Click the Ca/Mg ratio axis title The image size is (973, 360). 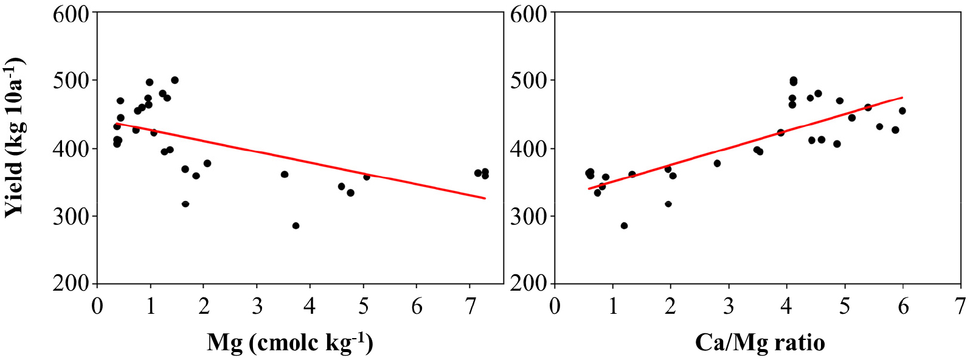[x=760, y=342]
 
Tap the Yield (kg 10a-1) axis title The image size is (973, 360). [x=15, y=137]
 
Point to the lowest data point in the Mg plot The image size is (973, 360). [x=296, y=226]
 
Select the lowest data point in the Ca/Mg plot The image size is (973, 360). [x=624, y=226]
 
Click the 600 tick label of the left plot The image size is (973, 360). [x=71, y=13]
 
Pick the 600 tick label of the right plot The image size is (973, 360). [x=528, y=13]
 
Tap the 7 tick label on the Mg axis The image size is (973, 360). [x=470, y=306]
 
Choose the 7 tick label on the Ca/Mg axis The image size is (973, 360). [x=960, y=306]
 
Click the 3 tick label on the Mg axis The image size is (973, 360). [x=257, y=306]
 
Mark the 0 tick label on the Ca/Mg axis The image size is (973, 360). [x=555, y=306]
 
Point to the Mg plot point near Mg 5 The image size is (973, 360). [x=366, y=177]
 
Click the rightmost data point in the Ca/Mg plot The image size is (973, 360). [x=902, y=111]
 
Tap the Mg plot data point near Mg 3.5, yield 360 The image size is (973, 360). [x=284, y=175]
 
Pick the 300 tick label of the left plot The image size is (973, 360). [x=71, y=216]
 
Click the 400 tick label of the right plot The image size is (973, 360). [x=528, y=148]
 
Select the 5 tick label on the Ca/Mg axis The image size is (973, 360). [x=845, y=306]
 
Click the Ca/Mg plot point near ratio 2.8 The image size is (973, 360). [x=717, y=164]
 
